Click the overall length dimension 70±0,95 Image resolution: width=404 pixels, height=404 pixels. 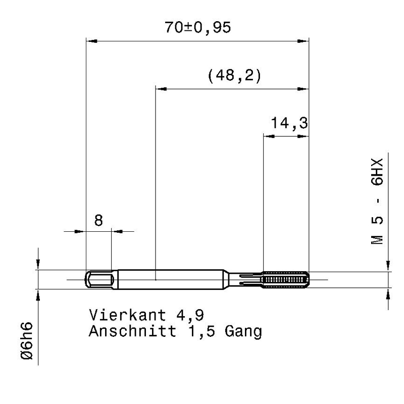197,28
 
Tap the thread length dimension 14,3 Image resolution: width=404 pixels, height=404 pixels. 289,123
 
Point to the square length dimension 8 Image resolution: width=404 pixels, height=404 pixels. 98,221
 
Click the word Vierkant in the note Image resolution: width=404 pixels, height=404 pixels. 128,315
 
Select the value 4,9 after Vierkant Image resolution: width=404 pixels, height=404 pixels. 190,315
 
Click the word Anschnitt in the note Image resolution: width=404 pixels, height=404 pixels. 133,331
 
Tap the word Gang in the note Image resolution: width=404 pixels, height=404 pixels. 243,332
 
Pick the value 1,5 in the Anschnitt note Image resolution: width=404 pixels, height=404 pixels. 201,332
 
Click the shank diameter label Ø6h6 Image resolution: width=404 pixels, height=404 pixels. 27,340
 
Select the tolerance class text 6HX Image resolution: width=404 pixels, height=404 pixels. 377,172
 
